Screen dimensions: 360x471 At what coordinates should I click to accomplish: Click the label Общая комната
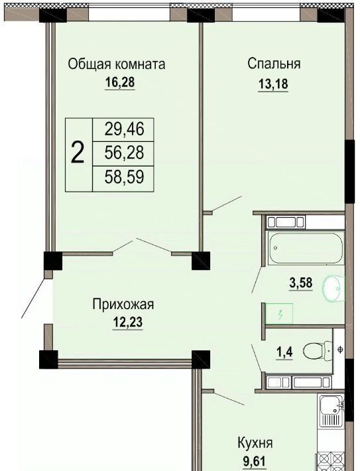coord(117,64)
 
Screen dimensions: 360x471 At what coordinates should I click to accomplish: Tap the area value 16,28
coord(120,82)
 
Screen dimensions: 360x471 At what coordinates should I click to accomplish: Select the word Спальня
coord(274,64)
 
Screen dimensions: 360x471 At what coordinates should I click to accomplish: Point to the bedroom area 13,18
coord(273,84)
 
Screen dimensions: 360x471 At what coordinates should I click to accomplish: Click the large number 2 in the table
coord(78,153)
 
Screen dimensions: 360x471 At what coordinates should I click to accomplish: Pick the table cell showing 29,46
coord(124,129)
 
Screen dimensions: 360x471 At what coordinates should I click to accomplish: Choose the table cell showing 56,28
coord(124,153)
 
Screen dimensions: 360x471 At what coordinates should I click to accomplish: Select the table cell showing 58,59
coord(124,177)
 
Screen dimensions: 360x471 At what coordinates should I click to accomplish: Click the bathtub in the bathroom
coord(306,248)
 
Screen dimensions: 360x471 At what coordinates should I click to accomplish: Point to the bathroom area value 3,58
coord(301,283)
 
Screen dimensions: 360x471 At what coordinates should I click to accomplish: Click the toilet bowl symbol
coord(318,351)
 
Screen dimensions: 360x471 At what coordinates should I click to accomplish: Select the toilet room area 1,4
coord(284,352)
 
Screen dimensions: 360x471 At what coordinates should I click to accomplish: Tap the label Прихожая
coord(123,304)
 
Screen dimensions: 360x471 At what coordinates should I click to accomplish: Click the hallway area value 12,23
coord(127,322)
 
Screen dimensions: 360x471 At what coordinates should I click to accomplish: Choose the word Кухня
coord(255,443)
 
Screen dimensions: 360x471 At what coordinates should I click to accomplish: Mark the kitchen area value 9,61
coord(255,461)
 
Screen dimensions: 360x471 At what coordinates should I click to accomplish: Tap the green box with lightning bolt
coord(279,314)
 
